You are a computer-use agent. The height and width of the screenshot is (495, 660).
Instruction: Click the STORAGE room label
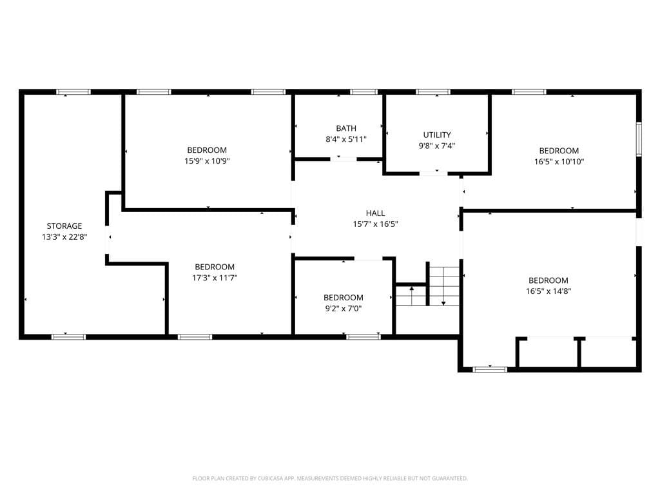[64, 226]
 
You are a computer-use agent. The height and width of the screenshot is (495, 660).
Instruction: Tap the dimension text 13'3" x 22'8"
[64, 237]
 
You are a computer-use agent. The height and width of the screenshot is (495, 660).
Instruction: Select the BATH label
[346, 128]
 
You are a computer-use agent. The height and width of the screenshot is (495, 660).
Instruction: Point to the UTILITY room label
[437, 135]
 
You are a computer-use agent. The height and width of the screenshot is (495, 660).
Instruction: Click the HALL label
[375, 213]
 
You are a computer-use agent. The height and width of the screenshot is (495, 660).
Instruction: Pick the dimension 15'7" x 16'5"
[375, 224]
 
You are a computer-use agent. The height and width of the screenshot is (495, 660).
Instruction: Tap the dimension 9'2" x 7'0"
[343, 309]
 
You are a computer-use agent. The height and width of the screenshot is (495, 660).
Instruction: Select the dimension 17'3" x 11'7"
[215, 278]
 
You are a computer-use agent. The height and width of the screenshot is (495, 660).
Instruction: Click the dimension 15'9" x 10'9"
[207, 161]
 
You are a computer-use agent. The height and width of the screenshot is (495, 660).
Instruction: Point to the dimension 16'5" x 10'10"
[559, 162]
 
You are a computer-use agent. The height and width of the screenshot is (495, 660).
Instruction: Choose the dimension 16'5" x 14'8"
[548, 291]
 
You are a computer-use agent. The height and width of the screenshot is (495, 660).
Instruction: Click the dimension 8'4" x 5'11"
[346, 139]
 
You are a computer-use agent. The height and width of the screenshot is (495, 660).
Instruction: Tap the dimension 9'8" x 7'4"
[437, 146]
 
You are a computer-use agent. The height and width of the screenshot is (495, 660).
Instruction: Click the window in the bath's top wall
[364, 92]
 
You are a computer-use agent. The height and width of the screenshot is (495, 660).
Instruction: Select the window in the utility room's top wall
[433, 92]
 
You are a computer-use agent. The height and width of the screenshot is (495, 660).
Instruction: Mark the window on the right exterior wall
[639, 139]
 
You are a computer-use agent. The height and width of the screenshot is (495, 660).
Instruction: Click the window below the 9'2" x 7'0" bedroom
[363, 336]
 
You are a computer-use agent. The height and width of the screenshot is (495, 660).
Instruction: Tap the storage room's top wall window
[73, 92]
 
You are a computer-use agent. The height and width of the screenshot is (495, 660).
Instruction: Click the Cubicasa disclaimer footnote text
[330, 478]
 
